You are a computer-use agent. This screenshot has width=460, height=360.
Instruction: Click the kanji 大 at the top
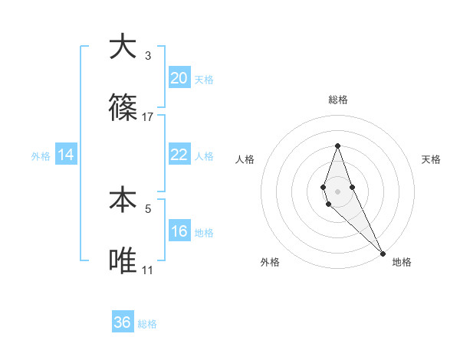point(123,47)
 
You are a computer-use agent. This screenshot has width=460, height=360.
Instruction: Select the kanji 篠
point(123,109)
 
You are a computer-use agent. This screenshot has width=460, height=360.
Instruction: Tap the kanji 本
point(123,201)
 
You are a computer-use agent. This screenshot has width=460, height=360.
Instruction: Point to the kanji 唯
point(123,262)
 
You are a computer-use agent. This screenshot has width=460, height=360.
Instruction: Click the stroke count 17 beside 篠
point(148,117)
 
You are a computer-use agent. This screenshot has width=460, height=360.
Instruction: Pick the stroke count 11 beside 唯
point(148,270)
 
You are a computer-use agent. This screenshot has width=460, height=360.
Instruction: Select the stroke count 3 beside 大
point(148,56)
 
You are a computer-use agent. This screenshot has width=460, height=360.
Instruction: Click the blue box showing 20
point(179,78)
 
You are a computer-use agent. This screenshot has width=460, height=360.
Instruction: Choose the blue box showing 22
point(179,155)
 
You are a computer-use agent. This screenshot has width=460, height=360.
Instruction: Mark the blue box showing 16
point(179,231)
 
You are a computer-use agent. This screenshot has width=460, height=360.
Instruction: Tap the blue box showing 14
point(66,155)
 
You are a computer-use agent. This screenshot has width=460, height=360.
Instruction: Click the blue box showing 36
point(123,322)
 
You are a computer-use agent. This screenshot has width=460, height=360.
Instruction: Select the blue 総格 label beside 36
point(147,324)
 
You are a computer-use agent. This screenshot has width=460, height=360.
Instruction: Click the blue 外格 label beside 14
point(41,155)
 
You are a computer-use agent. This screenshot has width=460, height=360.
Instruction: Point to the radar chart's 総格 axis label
point(337,100)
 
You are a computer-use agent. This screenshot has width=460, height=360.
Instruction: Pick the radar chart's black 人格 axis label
point(245,159)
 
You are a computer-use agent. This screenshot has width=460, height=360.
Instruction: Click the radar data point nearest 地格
point(383,253)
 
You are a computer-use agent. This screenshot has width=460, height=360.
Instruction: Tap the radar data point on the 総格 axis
point(337,146)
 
